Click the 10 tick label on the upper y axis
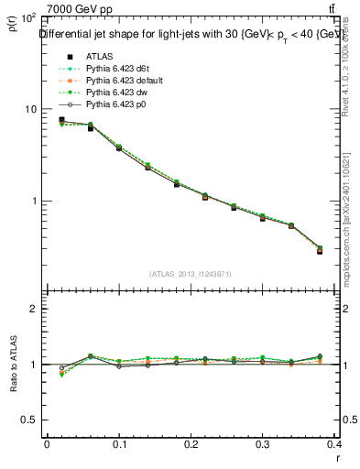tap(29, 109)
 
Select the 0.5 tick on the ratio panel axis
tap(27, 420)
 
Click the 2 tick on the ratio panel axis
tap(32, 310)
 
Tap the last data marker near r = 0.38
tap(320, 250)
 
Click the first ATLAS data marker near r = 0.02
tap(61, 120)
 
